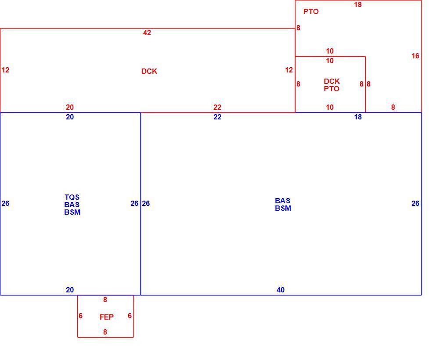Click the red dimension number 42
[147, 33]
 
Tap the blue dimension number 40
[281, 290]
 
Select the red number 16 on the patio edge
[415, 56]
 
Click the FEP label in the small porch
[107, 317]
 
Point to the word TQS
[72, 198]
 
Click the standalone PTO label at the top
[311, 12]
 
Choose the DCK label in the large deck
[149, 72]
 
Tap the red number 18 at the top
[358, 5]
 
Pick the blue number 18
[358, 117]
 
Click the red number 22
[217, 107]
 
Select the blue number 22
[217, 117]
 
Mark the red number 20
[70, 107]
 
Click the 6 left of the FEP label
[80, 316]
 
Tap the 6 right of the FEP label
[130, 316]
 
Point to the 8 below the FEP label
[105, 332]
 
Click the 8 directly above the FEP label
[105, 300]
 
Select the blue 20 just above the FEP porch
[70, 290]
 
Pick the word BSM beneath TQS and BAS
[72, 212]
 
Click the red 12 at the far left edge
[5, 70]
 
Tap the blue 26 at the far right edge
[415, 204]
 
